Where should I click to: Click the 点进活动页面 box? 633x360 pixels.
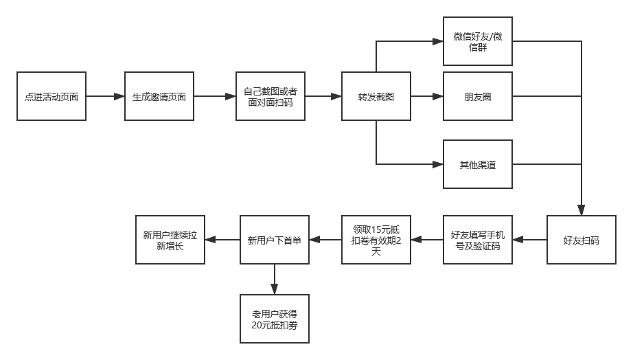[x=51, y=96]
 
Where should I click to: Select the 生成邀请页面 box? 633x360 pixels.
[x=159, y=96]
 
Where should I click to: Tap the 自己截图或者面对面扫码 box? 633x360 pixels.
[x=270, y=96]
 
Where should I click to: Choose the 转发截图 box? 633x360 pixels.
[x=376, y=96]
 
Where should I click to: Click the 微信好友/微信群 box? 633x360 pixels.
[x=478, y=41]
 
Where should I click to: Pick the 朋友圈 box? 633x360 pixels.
[x=478, y=96]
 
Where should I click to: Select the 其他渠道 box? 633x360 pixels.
[x=478, y=164]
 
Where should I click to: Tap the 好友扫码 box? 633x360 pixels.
[x=582, y=240]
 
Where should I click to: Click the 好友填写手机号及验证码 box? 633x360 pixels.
[x=478, y=240]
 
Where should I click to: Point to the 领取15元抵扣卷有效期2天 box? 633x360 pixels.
[x=376, y=240]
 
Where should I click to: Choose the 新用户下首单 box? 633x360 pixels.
[x=274, y=240]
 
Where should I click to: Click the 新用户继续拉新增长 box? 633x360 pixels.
[x=170, y=240]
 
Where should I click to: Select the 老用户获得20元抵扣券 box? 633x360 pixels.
[x=274, y=318]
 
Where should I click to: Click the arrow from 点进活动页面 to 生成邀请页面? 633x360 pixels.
[x=105, y=96]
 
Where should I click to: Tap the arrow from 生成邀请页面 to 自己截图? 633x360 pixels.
[x=214, y=96]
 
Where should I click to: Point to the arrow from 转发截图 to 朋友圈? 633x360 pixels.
[x=426, y=96]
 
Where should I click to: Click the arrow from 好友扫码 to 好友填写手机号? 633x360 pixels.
[x=530, y=240]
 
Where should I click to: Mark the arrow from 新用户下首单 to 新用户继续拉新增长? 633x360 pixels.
[x=222, y=240]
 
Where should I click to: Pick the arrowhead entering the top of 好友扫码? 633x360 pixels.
[x=582, y=211]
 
